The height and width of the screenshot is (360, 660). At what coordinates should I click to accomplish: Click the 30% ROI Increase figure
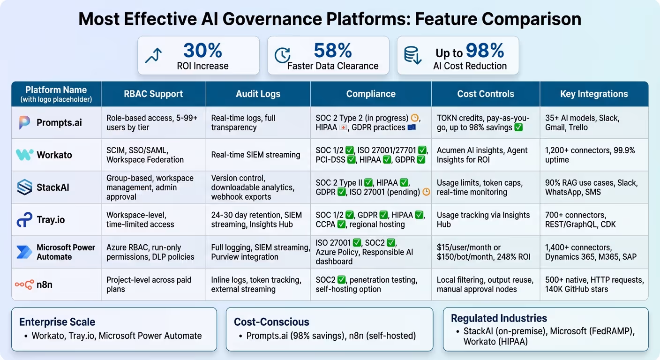coord(202,51)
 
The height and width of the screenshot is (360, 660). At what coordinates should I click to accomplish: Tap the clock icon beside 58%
coord(282,55)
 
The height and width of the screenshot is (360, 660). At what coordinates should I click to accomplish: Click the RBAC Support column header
coord(153,94)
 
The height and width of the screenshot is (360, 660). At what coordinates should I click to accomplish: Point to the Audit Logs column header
coord(258,94)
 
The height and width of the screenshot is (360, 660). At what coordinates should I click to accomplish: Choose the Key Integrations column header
coord(593,94)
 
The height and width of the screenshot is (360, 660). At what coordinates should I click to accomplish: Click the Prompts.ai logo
coord(24,123)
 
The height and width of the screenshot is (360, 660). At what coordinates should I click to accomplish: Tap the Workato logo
coord(24,155)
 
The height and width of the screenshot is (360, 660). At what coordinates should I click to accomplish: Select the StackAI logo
coord(24,187)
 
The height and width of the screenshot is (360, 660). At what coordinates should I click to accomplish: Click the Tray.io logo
coord(24,220)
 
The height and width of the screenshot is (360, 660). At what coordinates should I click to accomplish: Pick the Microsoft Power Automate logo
coord(24,252)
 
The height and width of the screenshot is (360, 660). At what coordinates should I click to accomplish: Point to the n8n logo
coord(24,284)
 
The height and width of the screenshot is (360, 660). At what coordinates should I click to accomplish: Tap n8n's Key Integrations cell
coord(593,284)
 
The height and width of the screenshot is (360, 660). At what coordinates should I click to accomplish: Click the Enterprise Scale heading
coord(57,322)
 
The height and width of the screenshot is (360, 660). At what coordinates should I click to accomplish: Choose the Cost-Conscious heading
coord(271,322)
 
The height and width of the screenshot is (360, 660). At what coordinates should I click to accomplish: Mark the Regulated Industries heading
coord(499,318)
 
